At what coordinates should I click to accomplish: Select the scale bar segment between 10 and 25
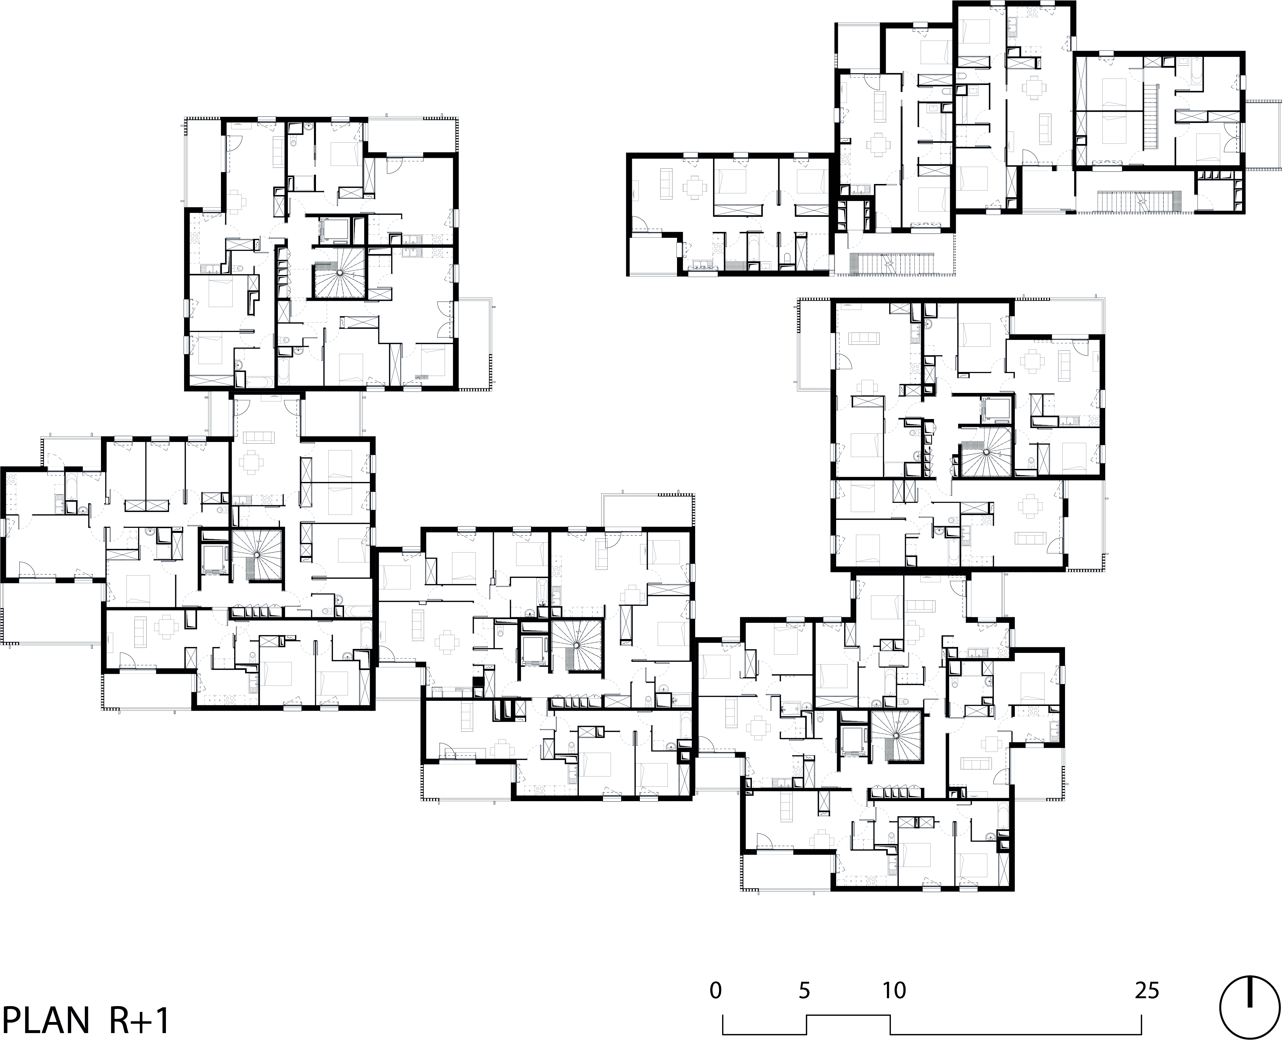pos(1016,1034)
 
